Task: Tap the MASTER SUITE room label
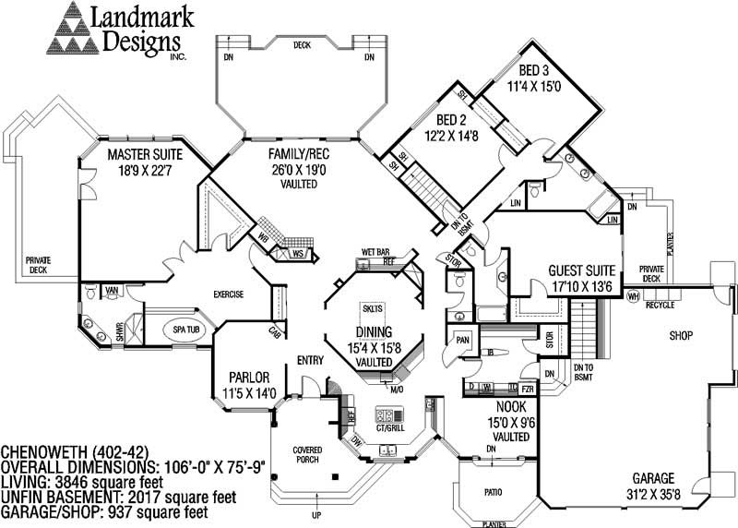145,153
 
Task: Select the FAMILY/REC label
293,153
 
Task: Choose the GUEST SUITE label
581,270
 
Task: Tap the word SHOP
681,335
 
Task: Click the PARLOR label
248,378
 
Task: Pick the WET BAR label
374,251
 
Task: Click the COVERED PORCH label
307,454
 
